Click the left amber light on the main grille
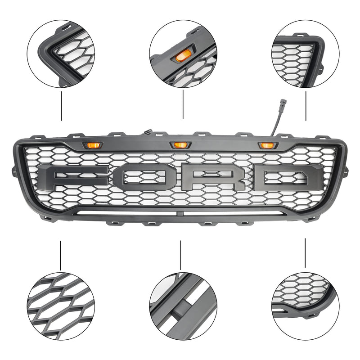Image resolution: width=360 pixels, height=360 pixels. (x=93, y=144)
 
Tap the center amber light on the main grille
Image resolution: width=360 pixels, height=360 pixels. (x=180, y=144)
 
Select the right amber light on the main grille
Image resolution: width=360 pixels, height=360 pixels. (x=266, y=144)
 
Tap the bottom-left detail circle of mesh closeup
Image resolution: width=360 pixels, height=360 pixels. (x=61, y=306)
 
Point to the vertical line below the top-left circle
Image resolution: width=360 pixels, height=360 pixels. (x=61, y=106)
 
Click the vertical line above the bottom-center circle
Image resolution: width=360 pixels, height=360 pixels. (x=180, y=255)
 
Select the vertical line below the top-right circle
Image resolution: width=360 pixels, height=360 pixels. (x=306, y=106)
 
